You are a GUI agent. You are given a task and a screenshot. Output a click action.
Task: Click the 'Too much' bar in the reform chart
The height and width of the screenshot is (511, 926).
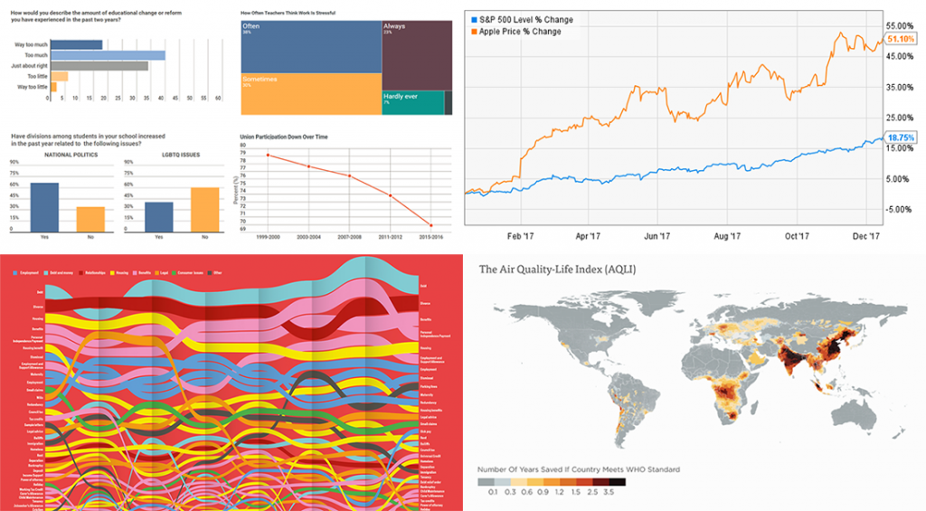108,55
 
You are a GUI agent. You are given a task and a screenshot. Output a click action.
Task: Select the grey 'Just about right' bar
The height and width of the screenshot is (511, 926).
99,66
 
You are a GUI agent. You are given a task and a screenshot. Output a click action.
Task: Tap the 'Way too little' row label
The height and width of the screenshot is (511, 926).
33,87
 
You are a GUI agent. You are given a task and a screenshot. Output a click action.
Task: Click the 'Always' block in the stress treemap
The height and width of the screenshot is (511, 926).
416,54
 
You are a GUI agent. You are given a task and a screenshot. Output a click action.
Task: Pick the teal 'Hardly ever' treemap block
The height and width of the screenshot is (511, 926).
412,102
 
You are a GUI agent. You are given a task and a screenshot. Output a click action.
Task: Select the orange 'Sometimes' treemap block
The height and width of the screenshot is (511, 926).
310,93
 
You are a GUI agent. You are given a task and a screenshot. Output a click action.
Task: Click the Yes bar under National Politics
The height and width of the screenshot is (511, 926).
45,208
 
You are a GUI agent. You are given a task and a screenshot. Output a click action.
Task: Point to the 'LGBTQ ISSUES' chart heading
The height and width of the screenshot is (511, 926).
182,155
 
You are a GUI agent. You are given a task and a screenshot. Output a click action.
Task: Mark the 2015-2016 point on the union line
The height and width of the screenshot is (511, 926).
430,225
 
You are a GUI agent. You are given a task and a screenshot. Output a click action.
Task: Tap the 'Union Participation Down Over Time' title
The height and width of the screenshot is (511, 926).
282,136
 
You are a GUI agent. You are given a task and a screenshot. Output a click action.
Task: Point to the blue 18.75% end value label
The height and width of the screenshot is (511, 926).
901,137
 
